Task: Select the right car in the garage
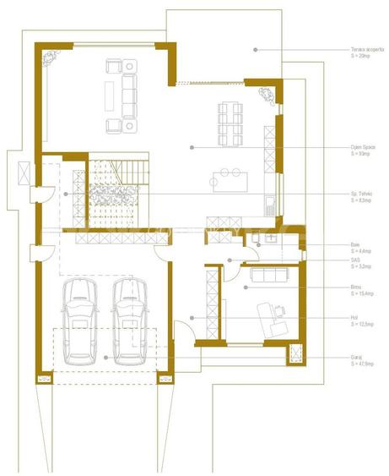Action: pos(129,321)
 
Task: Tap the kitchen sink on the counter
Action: pos(270,203)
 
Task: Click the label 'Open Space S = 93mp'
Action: pos(363,150)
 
